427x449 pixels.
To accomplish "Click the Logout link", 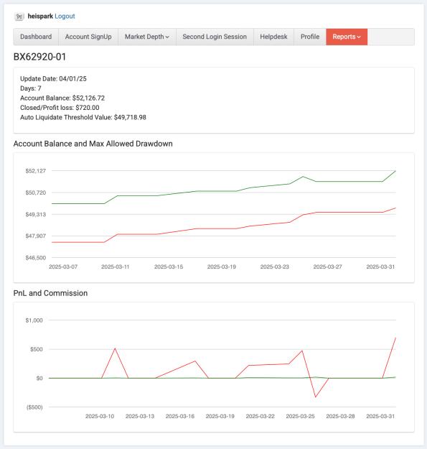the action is (65, 17).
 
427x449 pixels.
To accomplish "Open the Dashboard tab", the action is (36, 37).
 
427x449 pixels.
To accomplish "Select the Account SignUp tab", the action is (88, 37).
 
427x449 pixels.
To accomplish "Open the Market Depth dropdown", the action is (147, 37).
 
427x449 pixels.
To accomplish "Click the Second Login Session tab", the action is (215, 37).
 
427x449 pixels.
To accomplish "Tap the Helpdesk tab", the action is (273, 37).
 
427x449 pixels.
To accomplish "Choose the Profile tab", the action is (310, 37).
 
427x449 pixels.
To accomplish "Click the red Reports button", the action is (347, 37).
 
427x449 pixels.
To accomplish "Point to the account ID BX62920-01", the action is (39, 57).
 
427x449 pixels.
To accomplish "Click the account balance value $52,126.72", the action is (88, 98).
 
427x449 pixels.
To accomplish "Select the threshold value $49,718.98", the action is (130, 117).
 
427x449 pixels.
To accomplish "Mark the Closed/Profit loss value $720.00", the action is (88, 108).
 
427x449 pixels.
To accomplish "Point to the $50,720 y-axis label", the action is (36, 193).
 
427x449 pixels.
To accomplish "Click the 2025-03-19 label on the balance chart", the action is (222, 267).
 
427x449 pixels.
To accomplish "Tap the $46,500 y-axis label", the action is (36, 258).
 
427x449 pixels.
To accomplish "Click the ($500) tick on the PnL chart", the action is (34, 407).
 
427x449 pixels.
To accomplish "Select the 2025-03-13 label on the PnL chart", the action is (140, 417).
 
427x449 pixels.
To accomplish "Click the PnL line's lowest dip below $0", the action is (316, 397).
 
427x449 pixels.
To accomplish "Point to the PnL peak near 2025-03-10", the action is (115, 348).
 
